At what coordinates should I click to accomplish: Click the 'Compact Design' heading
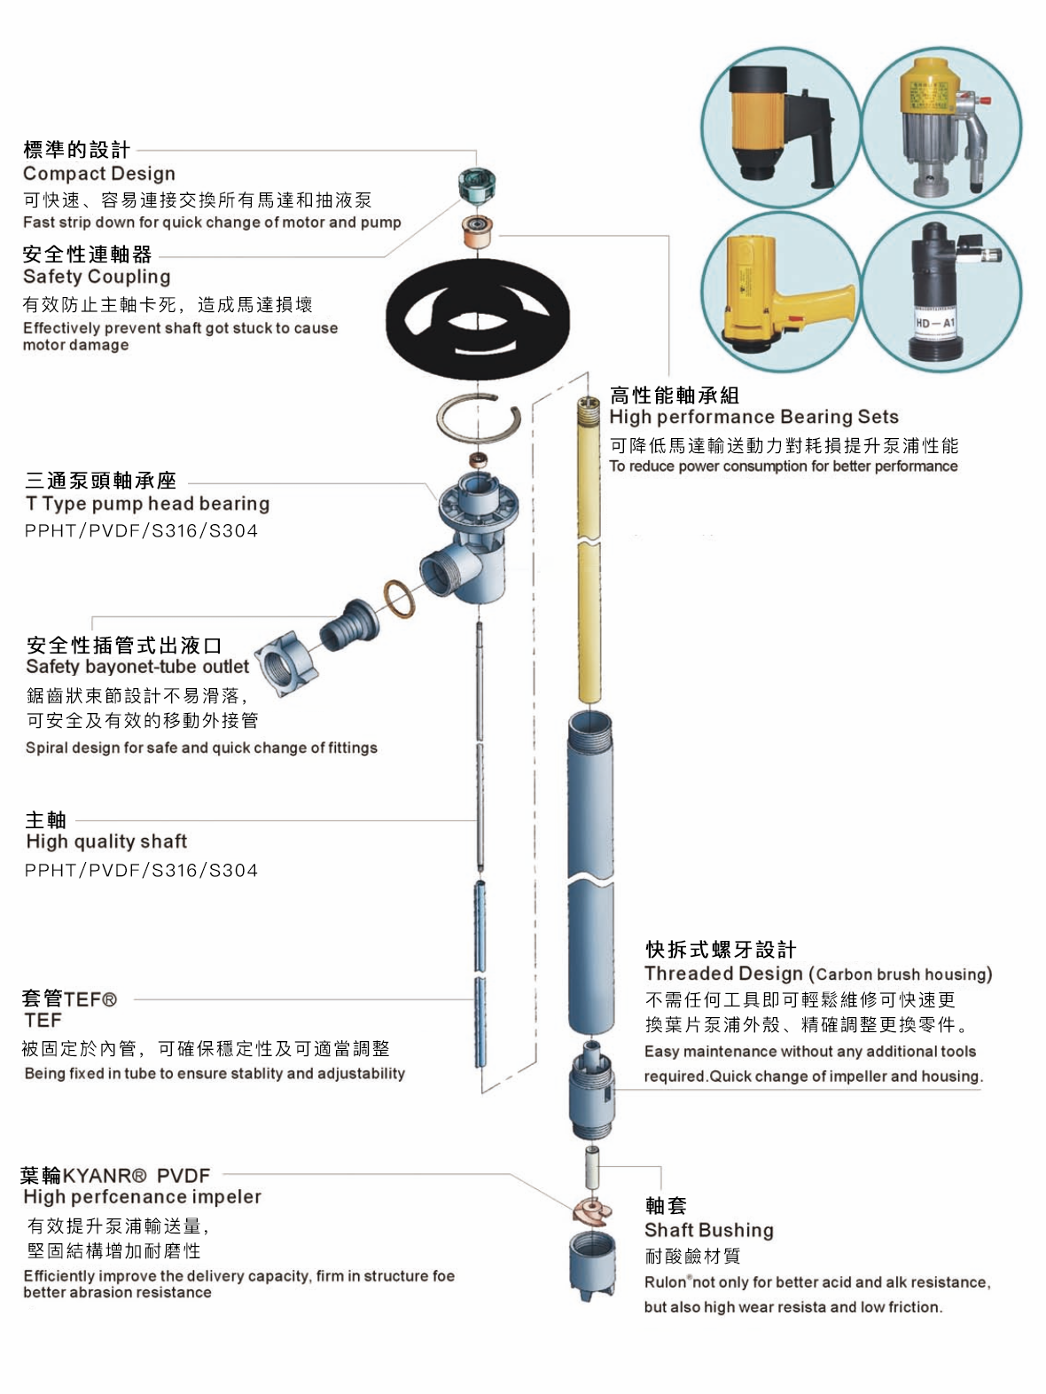99,174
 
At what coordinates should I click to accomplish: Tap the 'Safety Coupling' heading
97,277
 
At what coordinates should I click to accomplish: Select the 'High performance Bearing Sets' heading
754,417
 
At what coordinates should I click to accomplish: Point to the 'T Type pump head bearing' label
147,504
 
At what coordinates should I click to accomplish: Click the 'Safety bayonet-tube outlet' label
137,666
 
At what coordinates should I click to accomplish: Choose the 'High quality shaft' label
106,842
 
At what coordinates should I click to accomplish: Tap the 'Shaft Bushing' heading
709,1230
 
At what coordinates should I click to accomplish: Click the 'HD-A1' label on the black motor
935,323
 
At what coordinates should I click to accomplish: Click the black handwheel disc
477,319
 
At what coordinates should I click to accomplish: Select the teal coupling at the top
477,184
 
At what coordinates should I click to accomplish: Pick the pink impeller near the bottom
591,1211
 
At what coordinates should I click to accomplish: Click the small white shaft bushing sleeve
591,1167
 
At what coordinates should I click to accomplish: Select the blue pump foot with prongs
592,1265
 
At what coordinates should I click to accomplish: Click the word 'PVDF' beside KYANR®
183,1176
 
